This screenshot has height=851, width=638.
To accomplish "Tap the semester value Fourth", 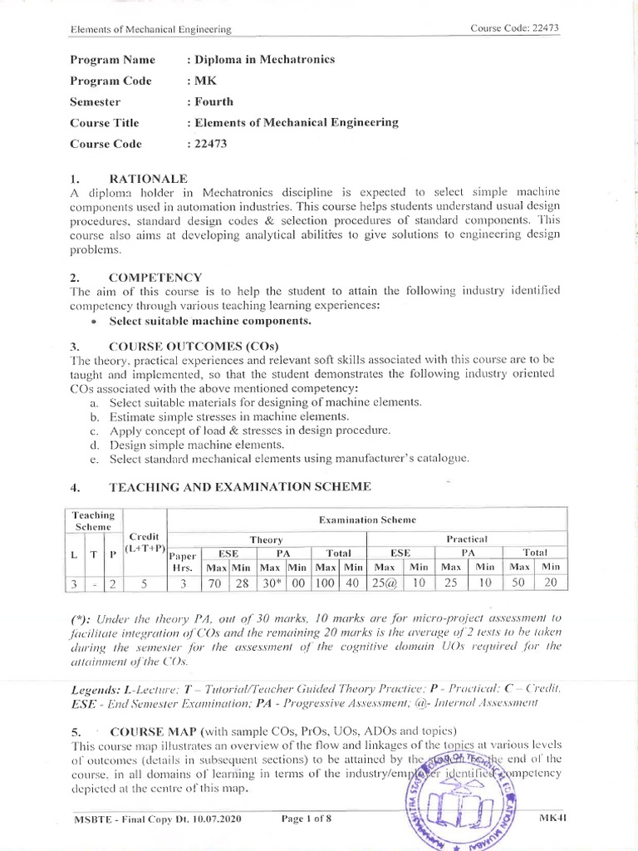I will (214, 101).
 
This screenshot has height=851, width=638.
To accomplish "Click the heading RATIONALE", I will (148, 178).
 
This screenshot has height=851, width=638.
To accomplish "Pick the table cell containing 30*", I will (271, 583).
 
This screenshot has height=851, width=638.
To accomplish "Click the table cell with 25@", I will (385, 583).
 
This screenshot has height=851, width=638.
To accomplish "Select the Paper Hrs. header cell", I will (184, 560).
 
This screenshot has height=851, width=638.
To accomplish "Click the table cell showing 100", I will (326, 583).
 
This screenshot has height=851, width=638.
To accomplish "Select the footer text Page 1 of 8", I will (307, 819).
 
